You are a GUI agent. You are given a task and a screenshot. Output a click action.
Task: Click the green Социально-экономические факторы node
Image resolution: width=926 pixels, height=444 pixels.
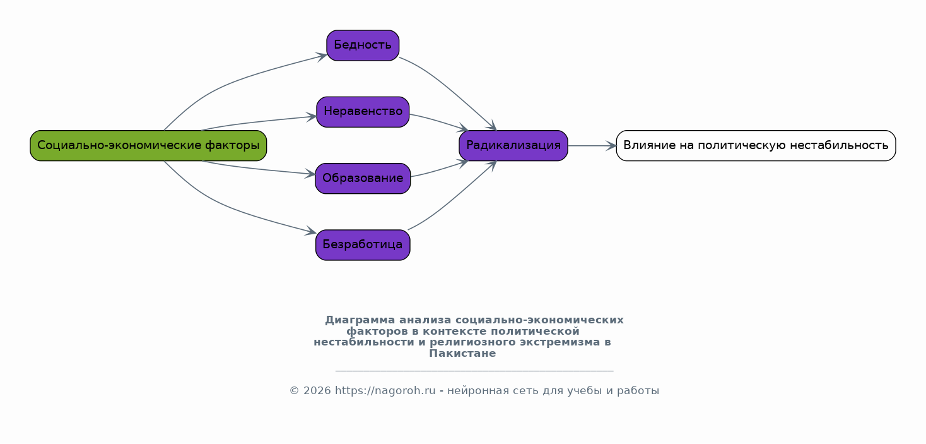tap(148, 146)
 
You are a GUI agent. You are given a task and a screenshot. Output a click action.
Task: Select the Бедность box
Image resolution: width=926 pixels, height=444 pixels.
tap(363, 45)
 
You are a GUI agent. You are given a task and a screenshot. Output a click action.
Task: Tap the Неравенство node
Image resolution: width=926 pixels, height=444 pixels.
tap(363, 112)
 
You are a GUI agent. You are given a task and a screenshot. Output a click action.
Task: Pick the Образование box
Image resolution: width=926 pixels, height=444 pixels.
tap(363, 178)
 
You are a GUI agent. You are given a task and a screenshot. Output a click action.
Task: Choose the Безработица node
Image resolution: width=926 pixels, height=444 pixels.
tap(363, 245)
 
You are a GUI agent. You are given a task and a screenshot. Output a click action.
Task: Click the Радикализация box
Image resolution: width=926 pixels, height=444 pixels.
tap(513, 146)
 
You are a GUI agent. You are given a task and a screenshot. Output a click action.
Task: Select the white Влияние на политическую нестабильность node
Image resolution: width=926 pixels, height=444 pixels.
tap(756, 146)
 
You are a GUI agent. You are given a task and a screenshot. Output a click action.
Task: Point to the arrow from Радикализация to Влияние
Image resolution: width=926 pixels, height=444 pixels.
tap(592, 146)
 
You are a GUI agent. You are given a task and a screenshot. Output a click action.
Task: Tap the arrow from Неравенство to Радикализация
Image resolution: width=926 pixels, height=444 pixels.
tap(439, 121)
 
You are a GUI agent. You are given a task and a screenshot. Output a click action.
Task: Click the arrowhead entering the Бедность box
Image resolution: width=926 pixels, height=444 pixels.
tap(322, 56)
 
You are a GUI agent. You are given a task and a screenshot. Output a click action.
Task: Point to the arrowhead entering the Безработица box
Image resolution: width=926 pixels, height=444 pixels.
tap(310, 232)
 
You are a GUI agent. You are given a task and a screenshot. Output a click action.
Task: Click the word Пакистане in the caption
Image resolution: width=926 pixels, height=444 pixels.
tap(462, 354)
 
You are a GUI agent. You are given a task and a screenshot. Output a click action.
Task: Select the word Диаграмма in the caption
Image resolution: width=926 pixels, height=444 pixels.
tap(360, 320)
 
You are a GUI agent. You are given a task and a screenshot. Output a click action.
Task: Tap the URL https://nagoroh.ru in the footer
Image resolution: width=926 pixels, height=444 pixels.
tap(385, 390)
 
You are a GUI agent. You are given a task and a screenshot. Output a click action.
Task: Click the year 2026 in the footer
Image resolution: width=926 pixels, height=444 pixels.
tap(317, 390)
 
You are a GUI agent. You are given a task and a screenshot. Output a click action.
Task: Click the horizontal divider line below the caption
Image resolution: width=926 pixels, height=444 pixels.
tap(474, 371)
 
